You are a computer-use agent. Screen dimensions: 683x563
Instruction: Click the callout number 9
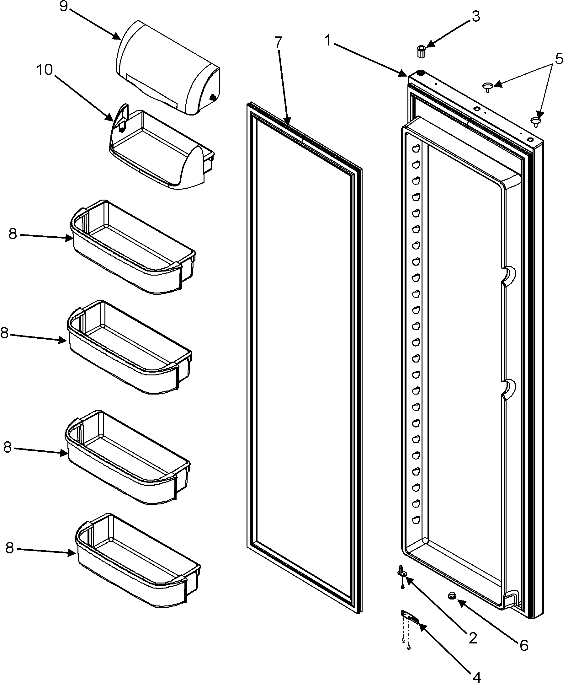pos(64,7)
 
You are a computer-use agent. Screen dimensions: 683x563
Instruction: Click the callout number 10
pos(45,70)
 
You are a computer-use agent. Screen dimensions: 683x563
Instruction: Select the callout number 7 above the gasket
pos(278,42)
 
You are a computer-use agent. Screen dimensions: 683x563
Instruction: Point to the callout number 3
pos(475,16)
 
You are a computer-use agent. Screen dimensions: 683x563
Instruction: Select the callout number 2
pos(473,638)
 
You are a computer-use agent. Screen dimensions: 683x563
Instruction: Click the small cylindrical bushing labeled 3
pos(421,51)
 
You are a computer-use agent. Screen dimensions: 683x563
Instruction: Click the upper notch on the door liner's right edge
pos(508,276)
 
